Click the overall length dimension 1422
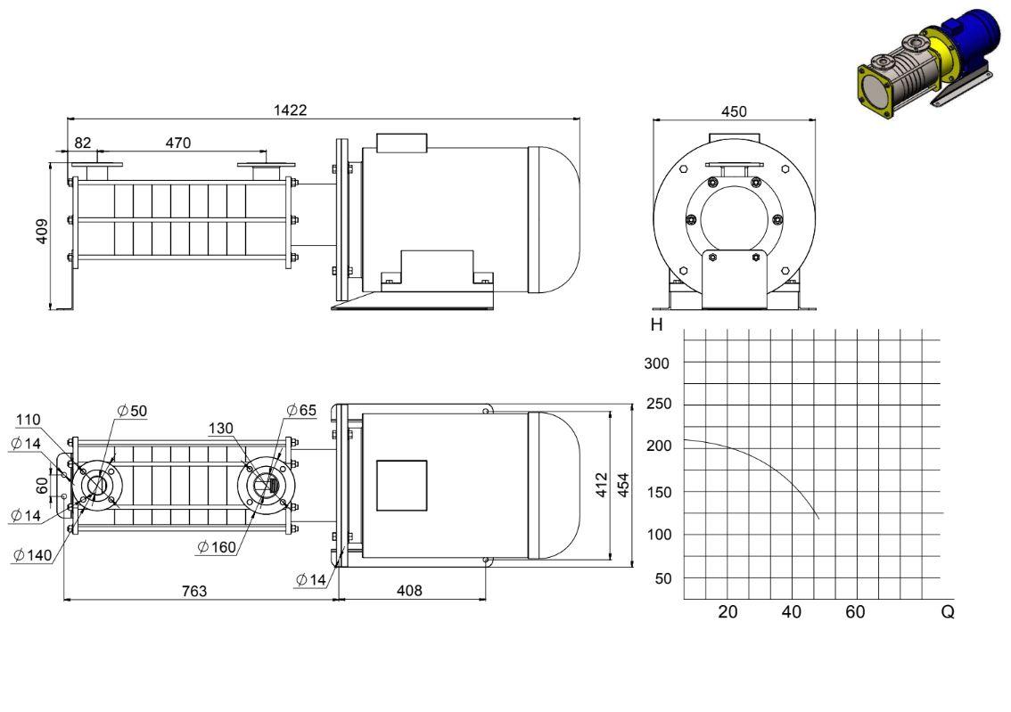[x=290, y=110]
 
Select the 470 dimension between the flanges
[x=178, y=143]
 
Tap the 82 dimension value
[x=83, y=143]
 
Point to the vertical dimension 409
[x=42, y=232]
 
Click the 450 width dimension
[x=734, y=111]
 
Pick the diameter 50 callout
[x=132, y=411]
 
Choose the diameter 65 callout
[x=301, y=410]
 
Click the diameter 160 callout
[x=217, y=547]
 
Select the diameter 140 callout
[x=32, y=555]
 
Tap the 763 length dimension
[x=194, y=591]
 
